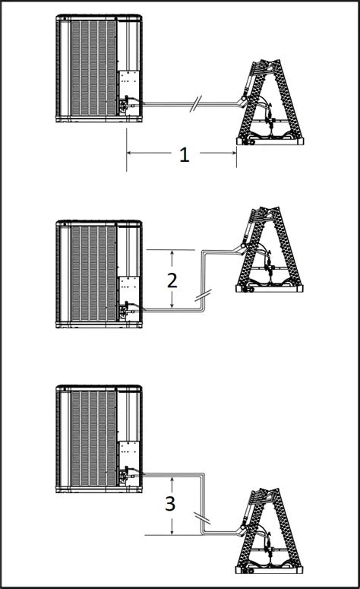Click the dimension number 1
tap(184, 155)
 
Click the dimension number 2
tap(172, 280)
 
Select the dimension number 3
tap(170, 504)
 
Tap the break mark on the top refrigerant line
tap(195, 104)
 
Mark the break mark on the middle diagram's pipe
tap(203, 296)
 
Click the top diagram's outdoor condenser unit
tap(99, 68)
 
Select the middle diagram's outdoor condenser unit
tap(99, 274)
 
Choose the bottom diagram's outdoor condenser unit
tap(99, 439)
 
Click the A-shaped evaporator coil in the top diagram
tap(270, 102)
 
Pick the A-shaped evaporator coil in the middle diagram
tap(270, 249)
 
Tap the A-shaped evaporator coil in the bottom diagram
tap(270, 531)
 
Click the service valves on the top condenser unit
tap(126, 103)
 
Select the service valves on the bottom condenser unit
tap(126, 473)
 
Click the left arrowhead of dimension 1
tap(130, 153)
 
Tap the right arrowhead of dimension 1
tap(233, 153)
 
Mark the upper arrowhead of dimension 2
tap(172, 253)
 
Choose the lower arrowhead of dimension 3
tap(172, 531)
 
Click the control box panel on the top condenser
tap(129, 83)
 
